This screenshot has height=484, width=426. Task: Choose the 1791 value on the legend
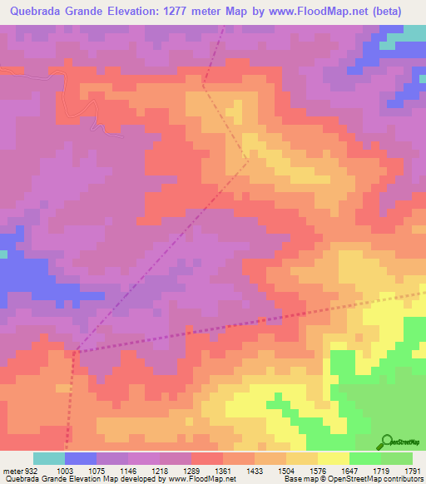pos(411,471)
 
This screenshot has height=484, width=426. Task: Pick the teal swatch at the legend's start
pos(49,458)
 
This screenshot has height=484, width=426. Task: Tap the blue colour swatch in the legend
pos(81,458)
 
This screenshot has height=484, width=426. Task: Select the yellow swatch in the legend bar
pos(334,458)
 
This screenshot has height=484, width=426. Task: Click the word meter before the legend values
pos(12,471)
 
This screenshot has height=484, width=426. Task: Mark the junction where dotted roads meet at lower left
pos(75,353)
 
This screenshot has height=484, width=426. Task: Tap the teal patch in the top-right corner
pos(414,31)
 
